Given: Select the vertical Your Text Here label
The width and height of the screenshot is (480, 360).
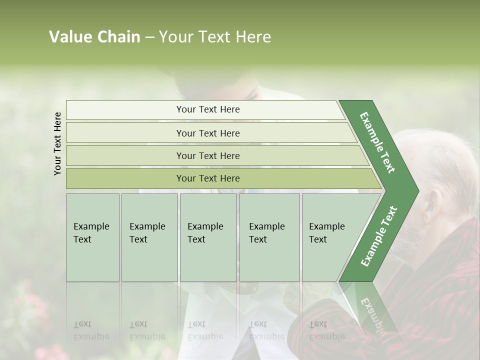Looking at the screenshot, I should coord(57,143).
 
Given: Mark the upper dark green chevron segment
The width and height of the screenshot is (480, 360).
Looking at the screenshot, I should coord(378,142).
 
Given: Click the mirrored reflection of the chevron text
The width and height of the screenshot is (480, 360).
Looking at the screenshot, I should coord(372,310).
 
